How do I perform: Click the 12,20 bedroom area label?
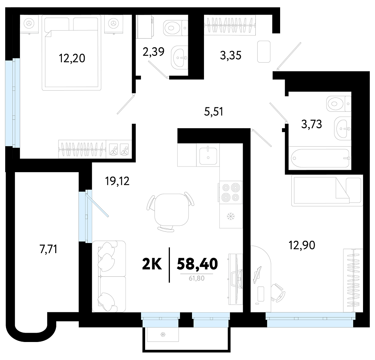(72, 58)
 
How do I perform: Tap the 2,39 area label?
(153, 52)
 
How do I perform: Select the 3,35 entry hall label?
(231, 55)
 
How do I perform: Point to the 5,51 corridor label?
(214, 111)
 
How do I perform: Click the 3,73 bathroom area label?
(312, 124)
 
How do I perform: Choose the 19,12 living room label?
(117, 181)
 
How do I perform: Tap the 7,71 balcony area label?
(48, 249)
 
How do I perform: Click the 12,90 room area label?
(302, 245)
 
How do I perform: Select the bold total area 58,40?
(197, 264)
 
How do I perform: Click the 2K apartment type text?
(152, 264)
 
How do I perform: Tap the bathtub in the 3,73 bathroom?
(320, 158)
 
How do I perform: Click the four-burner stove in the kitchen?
(230, 192)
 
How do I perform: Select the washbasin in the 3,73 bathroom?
(342, 128)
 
